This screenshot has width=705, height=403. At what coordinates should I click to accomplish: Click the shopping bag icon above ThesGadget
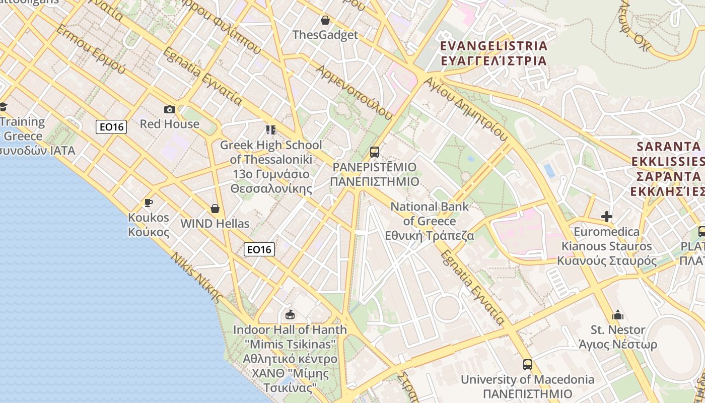325,20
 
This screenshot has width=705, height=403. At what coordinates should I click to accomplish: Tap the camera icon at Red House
170,109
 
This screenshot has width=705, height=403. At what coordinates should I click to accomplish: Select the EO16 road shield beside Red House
111,126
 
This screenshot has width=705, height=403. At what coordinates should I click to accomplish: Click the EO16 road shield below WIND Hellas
259,249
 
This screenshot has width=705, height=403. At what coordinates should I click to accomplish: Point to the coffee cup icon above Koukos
148,203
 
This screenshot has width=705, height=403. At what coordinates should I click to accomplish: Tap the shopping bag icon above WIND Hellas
215,209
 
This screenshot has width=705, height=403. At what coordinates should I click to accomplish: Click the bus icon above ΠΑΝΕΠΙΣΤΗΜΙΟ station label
374,152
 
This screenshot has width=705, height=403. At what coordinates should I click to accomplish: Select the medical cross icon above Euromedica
607,217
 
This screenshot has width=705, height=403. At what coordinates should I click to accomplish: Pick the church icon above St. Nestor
618,315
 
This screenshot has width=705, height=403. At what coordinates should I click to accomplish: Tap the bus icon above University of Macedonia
527,364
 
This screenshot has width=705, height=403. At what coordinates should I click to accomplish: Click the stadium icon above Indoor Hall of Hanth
290,315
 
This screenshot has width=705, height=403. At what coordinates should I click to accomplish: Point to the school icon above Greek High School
271,130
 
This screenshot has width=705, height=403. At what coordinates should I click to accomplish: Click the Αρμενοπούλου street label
355,91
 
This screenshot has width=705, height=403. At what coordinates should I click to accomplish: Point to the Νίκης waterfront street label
197,278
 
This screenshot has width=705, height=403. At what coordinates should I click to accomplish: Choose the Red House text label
170,124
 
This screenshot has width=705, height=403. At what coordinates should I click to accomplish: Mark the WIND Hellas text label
215,223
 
